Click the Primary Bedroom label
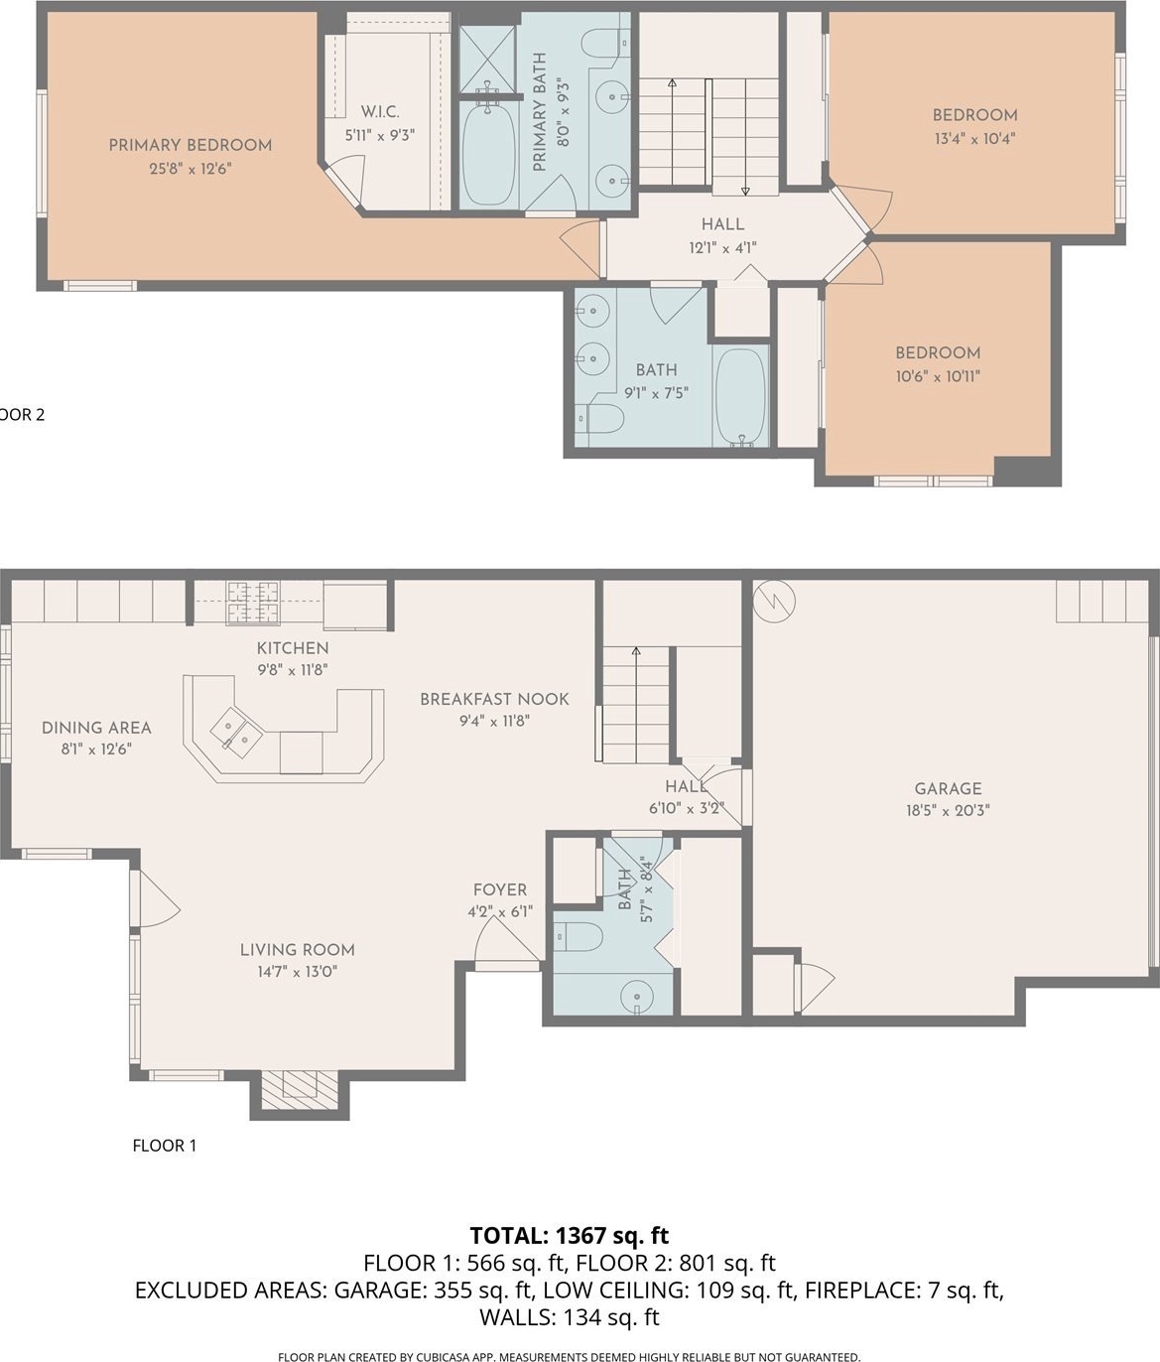tap(191, 145)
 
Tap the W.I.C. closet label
tap(380, 111)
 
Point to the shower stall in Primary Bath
tap(487, 60)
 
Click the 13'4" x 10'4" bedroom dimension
tap(974, 139)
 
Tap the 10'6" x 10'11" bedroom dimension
tap(938, 376)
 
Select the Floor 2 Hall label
tap(722, 224)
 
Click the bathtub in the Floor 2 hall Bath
tap(740, 395)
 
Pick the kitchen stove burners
tap(254, 602)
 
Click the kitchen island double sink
tap(237, 732)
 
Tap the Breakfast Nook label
tap(495, 699)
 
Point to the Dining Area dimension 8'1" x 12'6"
tap(97, 749)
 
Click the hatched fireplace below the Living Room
tap(300, 1090)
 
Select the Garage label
tap(948, 789)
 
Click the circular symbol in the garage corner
tap(774, 601)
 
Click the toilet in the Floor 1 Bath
tap(578, 936)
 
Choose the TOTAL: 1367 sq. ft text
tap(570, 1234)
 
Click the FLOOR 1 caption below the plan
tap(165, 1146)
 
